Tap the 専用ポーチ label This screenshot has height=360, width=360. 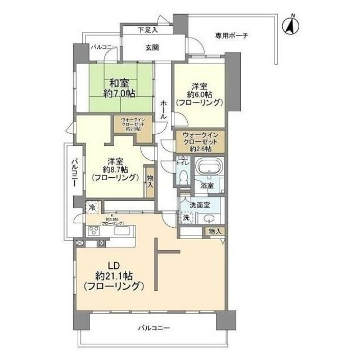click(231, 36)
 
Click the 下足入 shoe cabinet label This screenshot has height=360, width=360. click(148, 29)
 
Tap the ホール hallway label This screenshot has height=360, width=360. click(163, 108)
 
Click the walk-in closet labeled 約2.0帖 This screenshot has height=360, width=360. click(133, 124)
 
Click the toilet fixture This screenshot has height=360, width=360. click(181, 175)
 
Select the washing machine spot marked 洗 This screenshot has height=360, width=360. click(185, 218)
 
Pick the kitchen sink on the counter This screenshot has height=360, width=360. click(121, 231)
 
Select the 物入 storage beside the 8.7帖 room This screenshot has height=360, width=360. click(150, 182)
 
